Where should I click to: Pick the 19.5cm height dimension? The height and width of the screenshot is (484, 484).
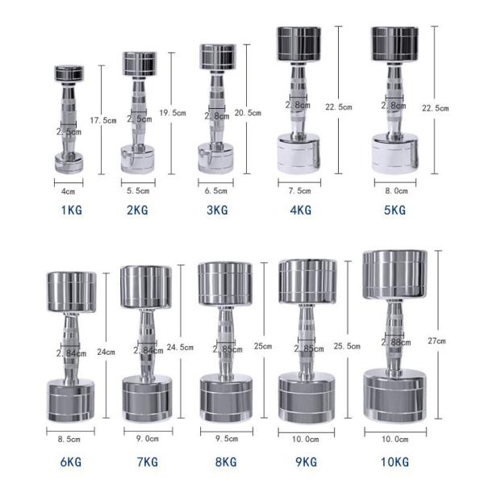click(x=173, y=112)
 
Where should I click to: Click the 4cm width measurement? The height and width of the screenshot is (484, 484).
click(x=69, y=192)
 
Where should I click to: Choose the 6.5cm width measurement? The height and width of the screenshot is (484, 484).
click(x=215, y=191)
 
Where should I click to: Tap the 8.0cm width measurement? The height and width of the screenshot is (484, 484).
click(x=396, y=191)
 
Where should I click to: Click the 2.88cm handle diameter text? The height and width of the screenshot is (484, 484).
click(x=394, y=343)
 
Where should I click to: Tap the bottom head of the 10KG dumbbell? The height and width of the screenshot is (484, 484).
click(x=394, y=396)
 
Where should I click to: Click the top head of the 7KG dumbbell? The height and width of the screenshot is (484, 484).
click(x=146, y=287)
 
